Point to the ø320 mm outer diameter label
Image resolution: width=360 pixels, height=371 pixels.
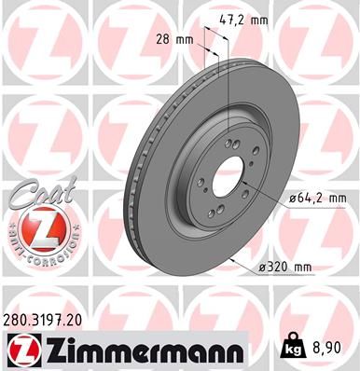point(286,268)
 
